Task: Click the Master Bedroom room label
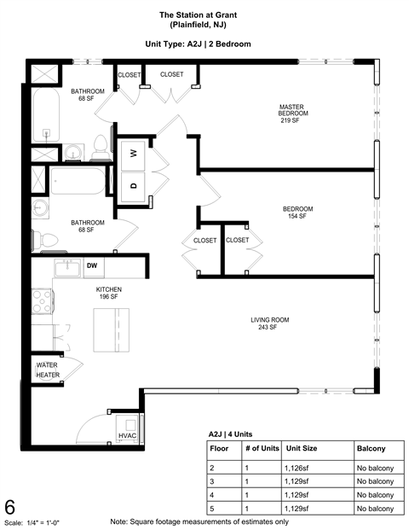pos(292,114)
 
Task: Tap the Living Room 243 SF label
pos(269,323)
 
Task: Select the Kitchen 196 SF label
pos(108,293)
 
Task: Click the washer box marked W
pos(134,154)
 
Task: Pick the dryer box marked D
pos(134,184)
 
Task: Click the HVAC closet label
pos(127,435)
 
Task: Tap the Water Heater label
pos(47,370)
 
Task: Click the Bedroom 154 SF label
pos(298,213)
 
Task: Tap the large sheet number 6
pos(10,507)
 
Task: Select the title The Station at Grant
pos(204,15)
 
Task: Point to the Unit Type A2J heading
pos(204,44)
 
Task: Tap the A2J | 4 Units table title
pos(230,434)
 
